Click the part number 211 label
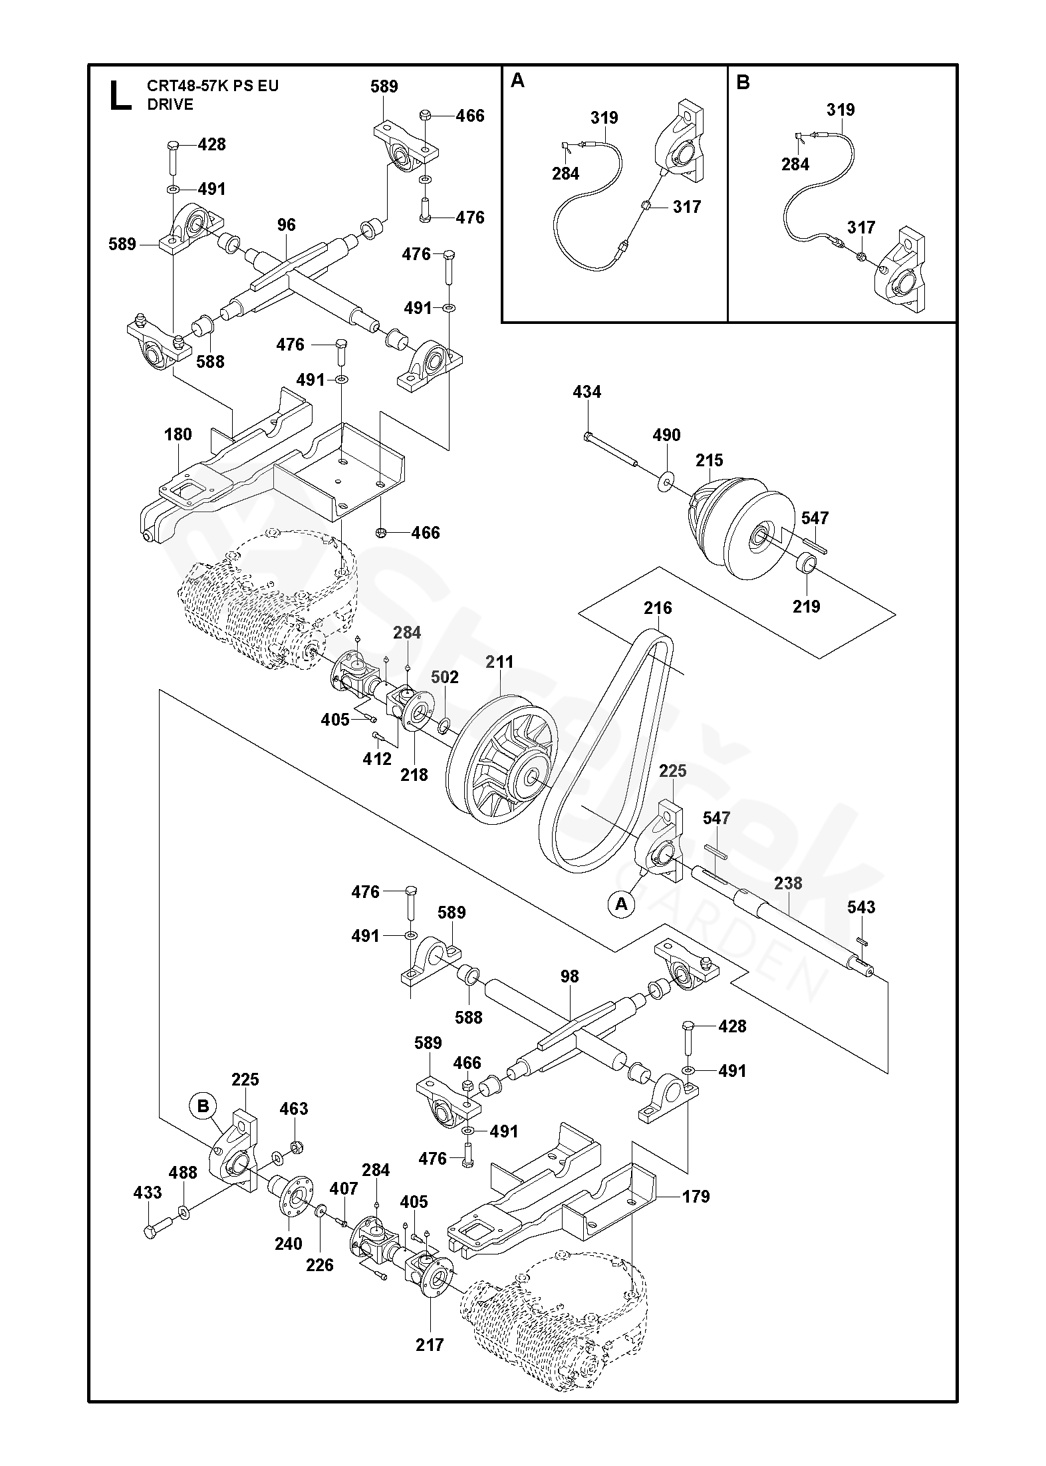[499, 662]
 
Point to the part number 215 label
[710, 460]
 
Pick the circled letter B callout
[203, 1105]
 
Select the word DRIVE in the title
[170, 104]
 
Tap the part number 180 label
[178, 434]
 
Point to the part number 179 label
[696, 1197]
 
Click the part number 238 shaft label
[788, 883]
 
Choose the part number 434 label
[587, 392]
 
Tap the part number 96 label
[286, 225]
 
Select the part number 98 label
[570, 976]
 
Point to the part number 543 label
[861, 907]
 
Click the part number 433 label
[148, 1193]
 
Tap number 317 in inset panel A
[687, 207]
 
